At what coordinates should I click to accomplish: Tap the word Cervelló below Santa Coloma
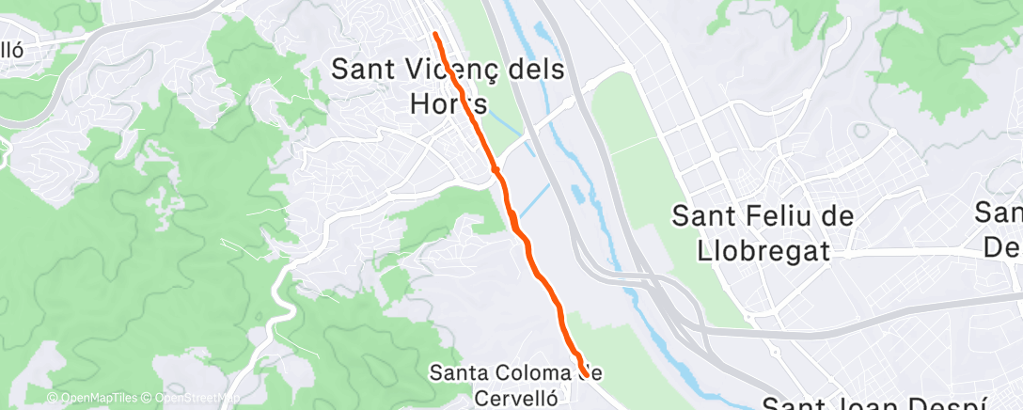(x=516, y=397)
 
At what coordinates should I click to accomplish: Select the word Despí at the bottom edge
(x=950, y=404)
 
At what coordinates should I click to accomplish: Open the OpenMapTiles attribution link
(x=94, y=399)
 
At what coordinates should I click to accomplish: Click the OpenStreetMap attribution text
(x=185, y=399)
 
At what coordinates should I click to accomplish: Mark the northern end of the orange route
(x=435, y=34)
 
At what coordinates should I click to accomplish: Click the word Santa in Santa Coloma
(x=458, y=372)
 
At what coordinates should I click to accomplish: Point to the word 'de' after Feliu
(x=834, y=216)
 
